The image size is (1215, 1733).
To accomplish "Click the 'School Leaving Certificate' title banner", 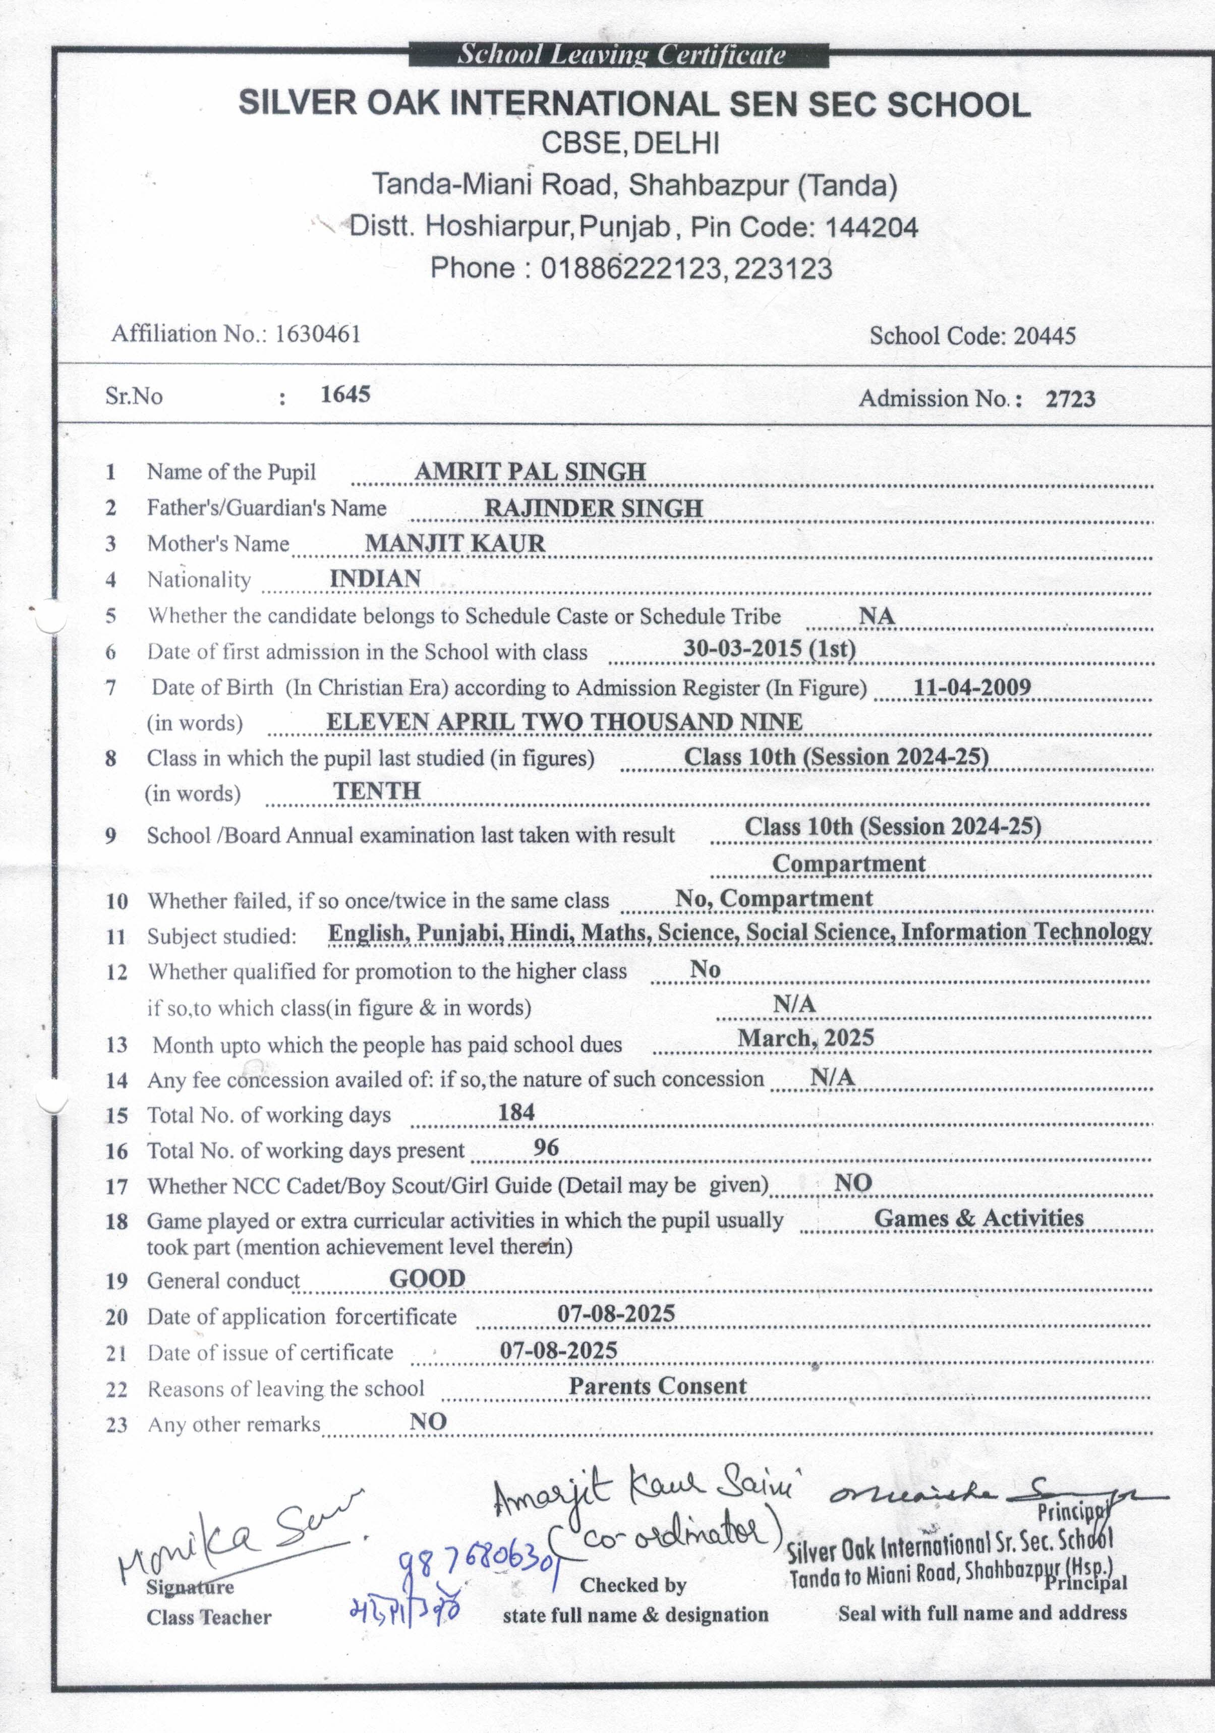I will coord(620,54).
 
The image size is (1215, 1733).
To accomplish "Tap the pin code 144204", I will coord(872,226).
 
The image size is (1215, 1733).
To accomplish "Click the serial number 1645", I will coord(345,394).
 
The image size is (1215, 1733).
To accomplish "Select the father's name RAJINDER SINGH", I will coord(593,508).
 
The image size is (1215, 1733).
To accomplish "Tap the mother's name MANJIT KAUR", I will coord(455,543).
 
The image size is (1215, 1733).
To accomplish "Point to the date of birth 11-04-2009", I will coord(971,687).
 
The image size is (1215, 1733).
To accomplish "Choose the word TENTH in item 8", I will coord(377,790).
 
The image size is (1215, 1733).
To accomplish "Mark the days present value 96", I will coord(546,1147).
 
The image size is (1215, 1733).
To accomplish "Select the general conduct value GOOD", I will coord(427,1279).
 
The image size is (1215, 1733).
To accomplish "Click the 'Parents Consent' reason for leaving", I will coord(657,1386).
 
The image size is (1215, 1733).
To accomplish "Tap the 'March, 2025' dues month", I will coord(805,1038).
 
